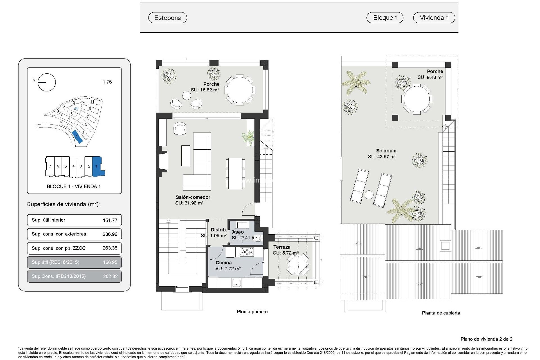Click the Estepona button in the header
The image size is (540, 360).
pos(168,18)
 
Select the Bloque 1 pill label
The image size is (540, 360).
pos(385,18)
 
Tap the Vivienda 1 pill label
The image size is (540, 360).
pos(434,18)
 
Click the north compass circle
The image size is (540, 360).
pos(47,82)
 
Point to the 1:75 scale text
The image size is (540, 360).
pos(107,82)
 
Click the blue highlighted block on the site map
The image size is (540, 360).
pos(77,137)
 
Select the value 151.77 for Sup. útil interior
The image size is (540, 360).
pos(110,220)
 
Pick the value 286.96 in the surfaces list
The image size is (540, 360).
pos(110,234)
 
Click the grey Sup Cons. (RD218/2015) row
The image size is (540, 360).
pos(74,276)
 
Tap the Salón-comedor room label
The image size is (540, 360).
pos(193,197)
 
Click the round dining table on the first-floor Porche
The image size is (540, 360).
pos(240,90)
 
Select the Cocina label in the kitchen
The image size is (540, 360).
pos(224,263)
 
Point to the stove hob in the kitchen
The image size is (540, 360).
pos(247,252)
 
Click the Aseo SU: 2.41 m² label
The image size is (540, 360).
pos(244,235)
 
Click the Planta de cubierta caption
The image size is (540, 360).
pos(441,313)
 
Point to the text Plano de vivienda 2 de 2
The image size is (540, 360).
pos(486,339)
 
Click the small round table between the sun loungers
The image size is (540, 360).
pos(369,195)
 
